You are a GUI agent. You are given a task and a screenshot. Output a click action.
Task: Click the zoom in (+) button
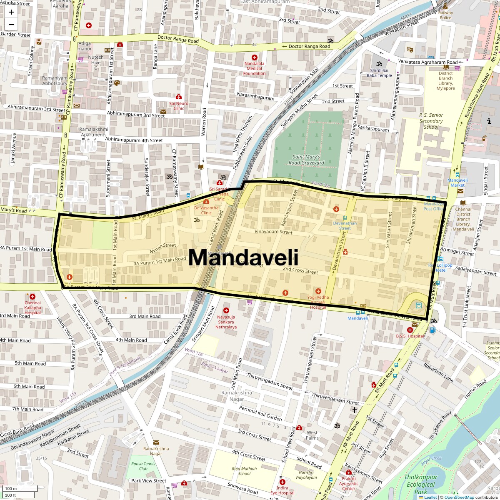[x=11, y=12]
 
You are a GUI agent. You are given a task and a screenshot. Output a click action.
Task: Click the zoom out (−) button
[x=11, y=24]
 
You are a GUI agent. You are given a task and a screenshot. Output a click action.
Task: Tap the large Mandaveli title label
[x=243, y=257]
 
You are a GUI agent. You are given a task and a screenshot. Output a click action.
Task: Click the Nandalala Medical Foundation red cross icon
[x=254, y=57]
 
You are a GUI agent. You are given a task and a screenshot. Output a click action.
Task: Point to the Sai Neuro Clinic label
[x=179, y=106]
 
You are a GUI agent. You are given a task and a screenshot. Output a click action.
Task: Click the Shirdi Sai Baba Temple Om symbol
[x=379, y=65]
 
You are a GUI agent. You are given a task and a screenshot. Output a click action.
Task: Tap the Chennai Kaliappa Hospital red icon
[x=32, y=297]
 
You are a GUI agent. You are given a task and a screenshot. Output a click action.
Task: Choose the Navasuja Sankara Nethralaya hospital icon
[x=226, y=310]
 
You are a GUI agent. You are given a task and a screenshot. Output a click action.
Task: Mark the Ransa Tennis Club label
[x=140, y=466]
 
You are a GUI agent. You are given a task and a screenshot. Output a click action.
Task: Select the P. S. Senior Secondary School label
[x=431, y=121]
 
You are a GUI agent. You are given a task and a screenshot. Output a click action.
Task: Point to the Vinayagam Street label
[x=274, y=232]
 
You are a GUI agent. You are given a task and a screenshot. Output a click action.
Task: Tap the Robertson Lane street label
[x=438, y=372]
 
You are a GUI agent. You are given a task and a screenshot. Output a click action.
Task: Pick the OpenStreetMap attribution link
[x=459, y=497]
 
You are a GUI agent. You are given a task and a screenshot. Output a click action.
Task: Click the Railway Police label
[x=445, y=15]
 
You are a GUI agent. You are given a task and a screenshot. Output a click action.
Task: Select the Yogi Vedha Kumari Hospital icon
[x=318, y=291]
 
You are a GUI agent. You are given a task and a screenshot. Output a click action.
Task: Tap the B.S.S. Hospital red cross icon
[x=410, y=330]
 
